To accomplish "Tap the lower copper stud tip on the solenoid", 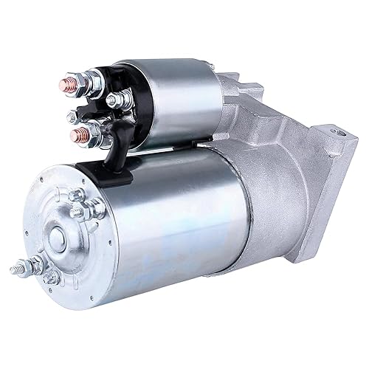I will click(75, 136).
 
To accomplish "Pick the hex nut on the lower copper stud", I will click(87, 134).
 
